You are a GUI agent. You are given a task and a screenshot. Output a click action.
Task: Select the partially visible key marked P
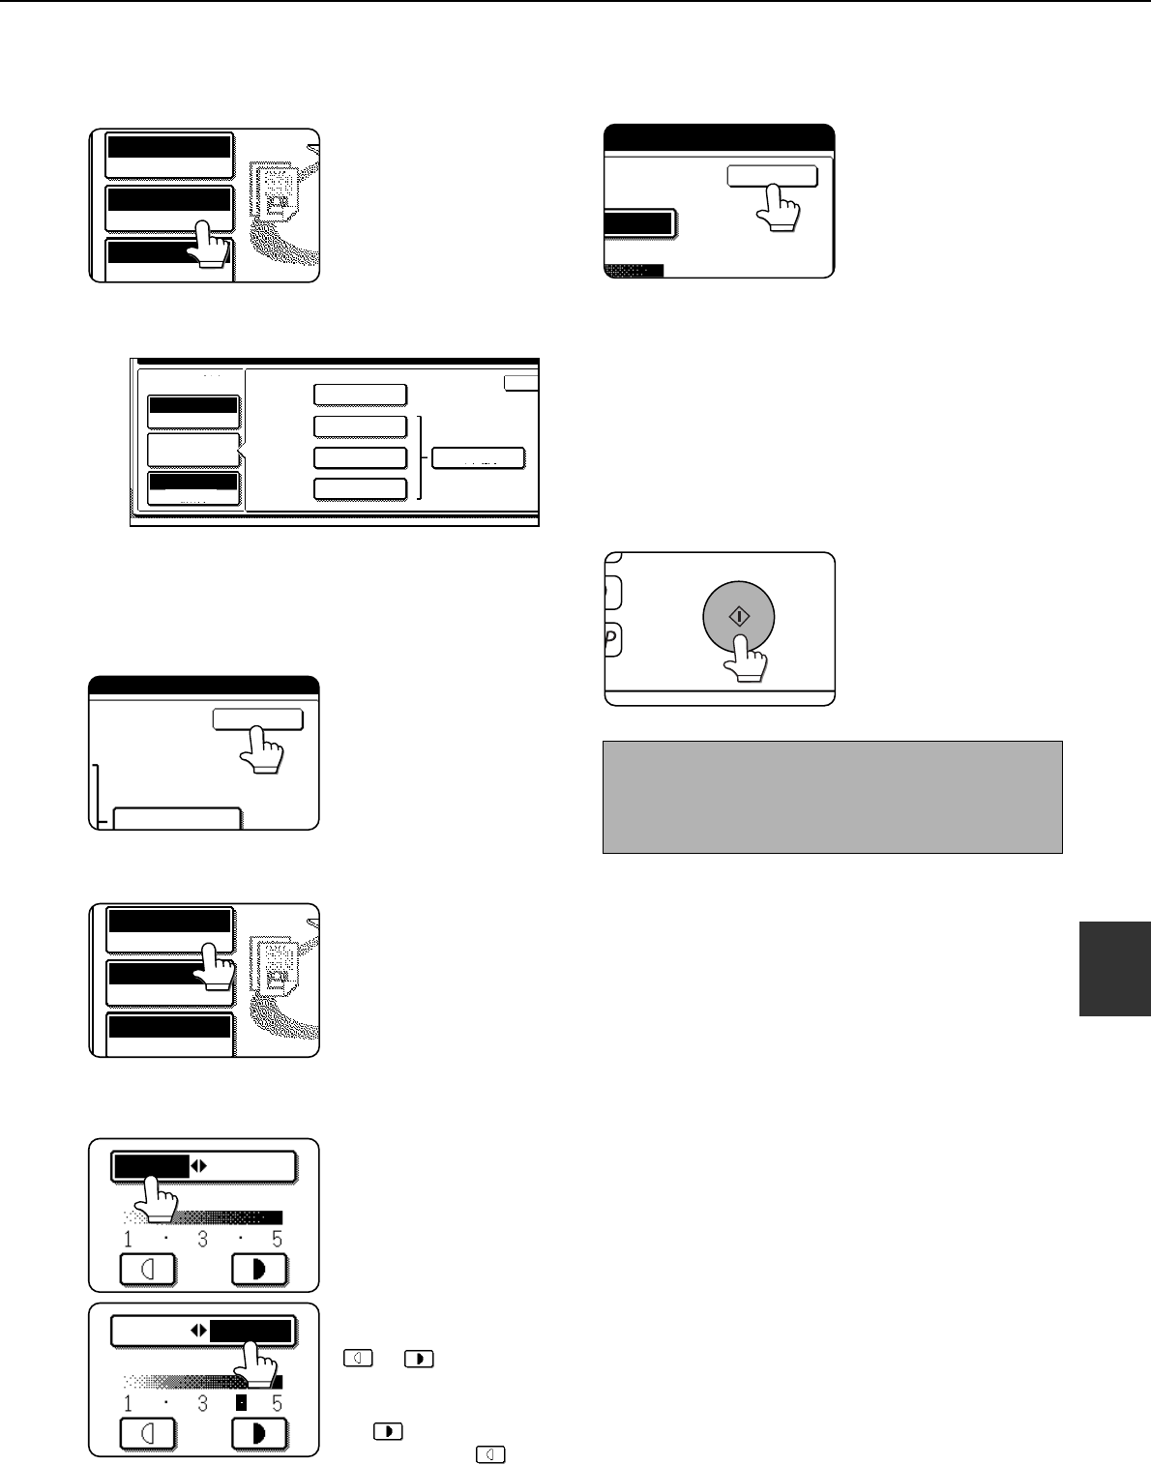coord(612,640)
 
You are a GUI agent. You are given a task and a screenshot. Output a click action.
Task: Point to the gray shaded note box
coord(832,797)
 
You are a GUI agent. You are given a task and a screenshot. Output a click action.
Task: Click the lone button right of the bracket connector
coord(478,458)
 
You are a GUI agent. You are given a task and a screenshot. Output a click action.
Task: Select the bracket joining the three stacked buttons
coord(421,457)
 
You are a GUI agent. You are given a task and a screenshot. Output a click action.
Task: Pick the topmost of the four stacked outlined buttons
coord(360,395)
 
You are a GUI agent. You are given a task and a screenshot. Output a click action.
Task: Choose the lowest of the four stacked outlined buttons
coord(360,488)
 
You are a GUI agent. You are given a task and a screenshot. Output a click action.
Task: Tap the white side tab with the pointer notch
coord(193,450)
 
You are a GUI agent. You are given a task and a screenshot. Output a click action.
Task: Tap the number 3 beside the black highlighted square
coord(203,1403)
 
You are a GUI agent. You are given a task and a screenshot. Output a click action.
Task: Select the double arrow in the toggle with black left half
coord(198,1166)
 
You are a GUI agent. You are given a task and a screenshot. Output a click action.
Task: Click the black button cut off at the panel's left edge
coord(637,224)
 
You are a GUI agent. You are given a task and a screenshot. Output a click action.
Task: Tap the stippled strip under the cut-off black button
coord(634,271)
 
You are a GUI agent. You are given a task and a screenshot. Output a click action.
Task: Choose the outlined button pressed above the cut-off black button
coord(772,176)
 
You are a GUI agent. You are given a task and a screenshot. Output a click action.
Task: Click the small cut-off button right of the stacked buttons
coord(521,383)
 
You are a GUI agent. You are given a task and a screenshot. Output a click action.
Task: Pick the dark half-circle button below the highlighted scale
coord(260,1433)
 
